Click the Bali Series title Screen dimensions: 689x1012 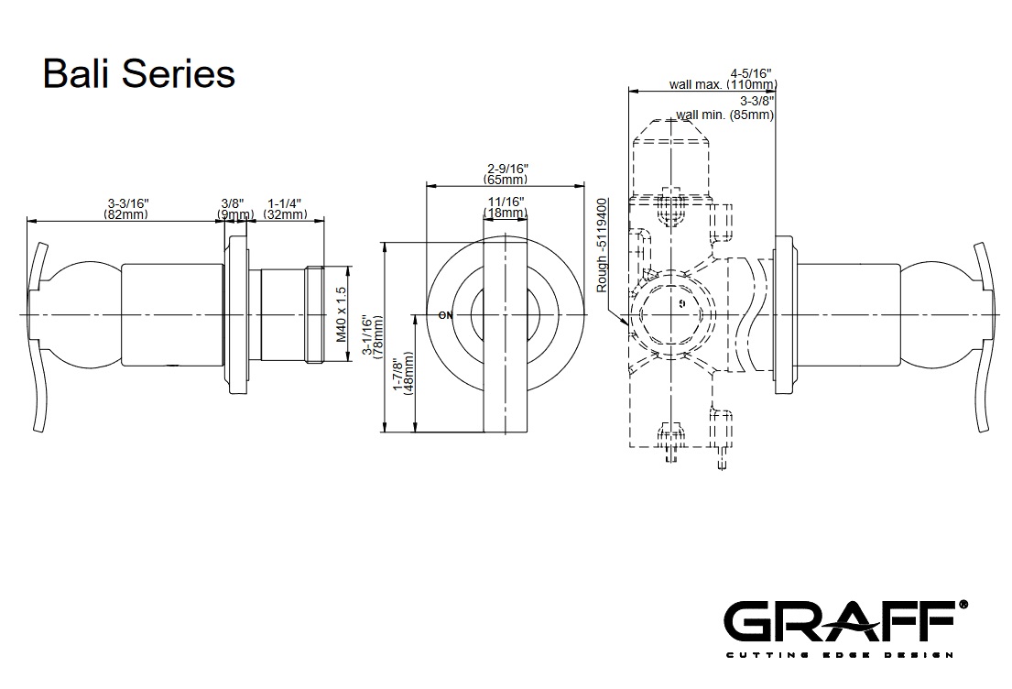[x=139, y=73]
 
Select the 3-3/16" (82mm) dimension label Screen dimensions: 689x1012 [x=127, y=209]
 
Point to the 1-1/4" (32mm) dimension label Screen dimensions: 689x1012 [x=285, y=209]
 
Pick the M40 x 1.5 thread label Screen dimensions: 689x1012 [x=340, y=314]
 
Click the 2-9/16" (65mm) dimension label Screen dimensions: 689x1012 [x=506, y=174]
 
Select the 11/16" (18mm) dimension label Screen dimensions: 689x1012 [x=506, y=207]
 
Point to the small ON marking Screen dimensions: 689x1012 [x=446, y=315]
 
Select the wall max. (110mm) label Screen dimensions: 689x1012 [x=723, y=84]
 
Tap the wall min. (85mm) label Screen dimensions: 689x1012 [x=725, y=115]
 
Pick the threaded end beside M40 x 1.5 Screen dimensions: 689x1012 [x=316, y=315]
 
